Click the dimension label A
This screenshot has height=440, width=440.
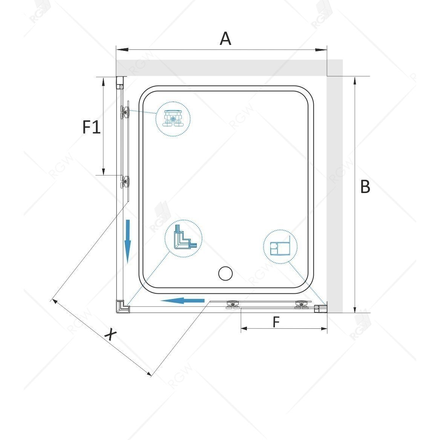click(x=225, y=38)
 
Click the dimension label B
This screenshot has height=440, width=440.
click(x=365, y=187)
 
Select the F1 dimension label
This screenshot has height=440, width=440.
click(x=92, y=127)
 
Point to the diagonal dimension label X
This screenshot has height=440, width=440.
click(x=110, y=334)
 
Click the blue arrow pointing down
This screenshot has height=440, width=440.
click(x=128, y=241)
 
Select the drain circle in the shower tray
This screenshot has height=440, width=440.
click(x=225, y=273)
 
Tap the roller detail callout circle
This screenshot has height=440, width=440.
click(x=173, y=118)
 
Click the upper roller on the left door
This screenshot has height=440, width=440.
click(x=124, y=112)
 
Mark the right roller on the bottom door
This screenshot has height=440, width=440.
click(x=302, y=305)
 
